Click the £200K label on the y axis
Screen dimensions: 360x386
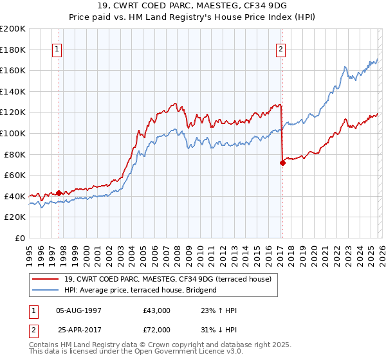tap(13, 29)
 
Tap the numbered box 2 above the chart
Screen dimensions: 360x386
tap(282, 49)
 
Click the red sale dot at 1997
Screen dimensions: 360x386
tap(59, 193)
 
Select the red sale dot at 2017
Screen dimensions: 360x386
tap(282, 163)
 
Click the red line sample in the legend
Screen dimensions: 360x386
tap(47, 279)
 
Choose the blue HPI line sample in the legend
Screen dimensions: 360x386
tap(47, 290)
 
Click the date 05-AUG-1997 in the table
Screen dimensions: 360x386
tap(79, 310)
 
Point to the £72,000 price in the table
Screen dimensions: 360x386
tap(157, 329)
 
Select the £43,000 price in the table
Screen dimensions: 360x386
tap(157, 310)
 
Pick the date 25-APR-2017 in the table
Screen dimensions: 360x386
tap(79, 329)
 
